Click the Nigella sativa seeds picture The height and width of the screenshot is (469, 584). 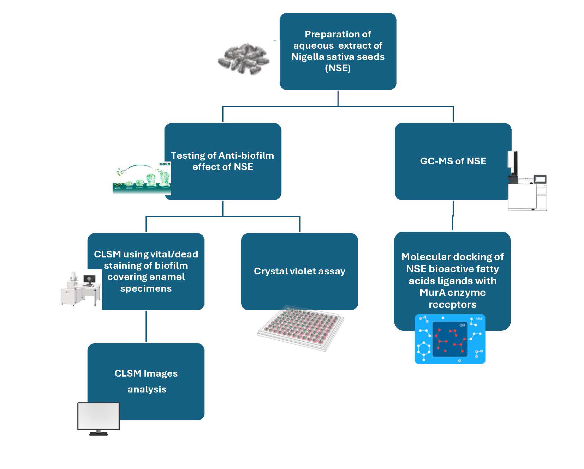(243, 59)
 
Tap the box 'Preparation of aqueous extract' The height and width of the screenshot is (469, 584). (338, 51)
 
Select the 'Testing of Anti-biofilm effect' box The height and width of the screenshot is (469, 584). (223, 162)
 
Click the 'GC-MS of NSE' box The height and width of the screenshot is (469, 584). (453, 162)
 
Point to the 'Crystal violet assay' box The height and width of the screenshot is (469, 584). (299, 272)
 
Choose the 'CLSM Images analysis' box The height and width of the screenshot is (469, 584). (146, 382)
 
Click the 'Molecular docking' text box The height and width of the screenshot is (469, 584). (452, 281)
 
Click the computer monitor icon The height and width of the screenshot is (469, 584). (99, 419)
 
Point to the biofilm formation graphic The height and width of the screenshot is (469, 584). (142, 178)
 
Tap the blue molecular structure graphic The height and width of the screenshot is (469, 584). (450, 339)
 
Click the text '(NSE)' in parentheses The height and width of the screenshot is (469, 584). (338, 68)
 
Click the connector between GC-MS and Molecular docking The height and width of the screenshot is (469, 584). (453, 215)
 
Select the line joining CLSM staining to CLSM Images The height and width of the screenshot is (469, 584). (146, 327)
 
